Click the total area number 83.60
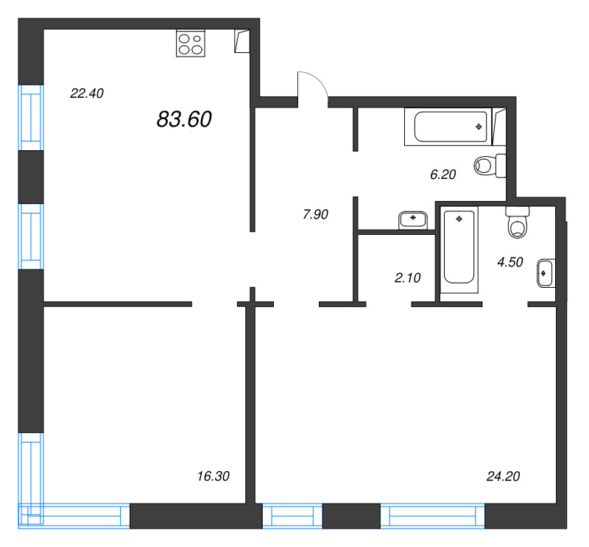point(184,119)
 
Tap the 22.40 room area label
point(87,93)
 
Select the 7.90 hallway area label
point(315,215)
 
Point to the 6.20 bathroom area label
point(443,174)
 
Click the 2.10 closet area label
point(407,278)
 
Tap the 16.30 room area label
point(214,476)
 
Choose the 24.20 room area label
point(504,476)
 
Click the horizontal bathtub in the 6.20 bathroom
point(450,127)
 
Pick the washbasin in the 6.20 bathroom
point(415,219)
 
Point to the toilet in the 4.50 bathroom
point(518,222)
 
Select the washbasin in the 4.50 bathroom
point(546,273)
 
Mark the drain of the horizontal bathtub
point(479,127)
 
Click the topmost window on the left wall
point(31,116)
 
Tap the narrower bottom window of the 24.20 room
point(292,515)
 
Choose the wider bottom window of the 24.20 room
point(432,515)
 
